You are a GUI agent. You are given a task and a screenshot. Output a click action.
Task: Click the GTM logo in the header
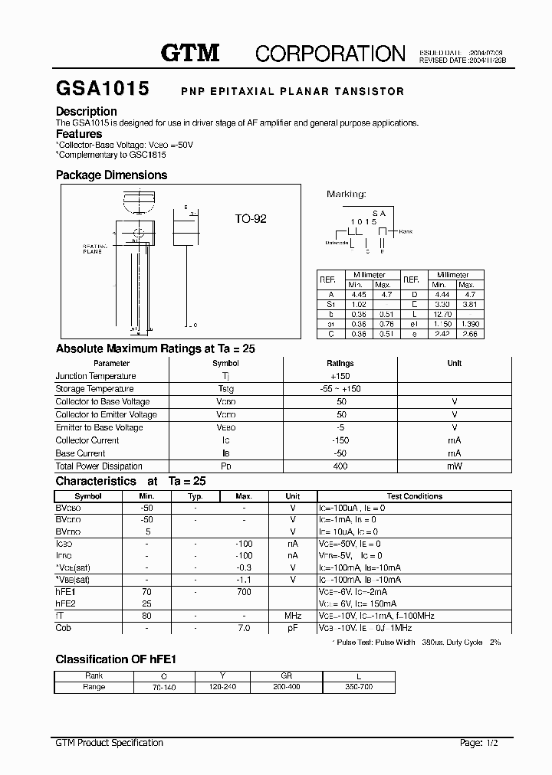pos(190,53)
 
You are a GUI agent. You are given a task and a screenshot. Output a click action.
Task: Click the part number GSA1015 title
pos(102,89)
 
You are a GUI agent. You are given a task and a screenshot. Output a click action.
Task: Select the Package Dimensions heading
pos(111,175)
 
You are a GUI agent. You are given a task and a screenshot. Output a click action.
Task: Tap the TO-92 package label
pos(251,219)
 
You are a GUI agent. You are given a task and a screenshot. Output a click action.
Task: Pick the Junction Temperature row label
pos(96,376)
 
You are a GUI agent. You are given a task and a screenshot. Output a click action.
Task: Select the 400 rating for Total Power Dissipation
pos(340,466)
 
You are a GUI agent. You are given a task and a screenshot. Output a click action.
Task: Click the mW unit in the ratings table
pos(454,466)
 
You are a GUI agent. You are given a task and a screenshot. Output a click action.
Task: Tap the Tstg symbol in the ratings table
pos(225,389)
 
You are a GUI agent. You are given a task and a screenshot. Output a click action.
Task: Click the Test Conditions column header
pos(414,496)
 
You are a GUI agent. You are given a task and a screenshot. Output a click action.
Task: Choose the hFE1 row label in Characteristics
pos(66,592)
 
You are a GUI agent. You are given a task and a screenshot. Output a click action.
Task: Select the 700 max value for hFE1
pos(244,592)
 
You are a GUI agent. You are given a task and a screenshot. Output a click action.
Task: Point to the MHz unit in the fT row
pos(292,616)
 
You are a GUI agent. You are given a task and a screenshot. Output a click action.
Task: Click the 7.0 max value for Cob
pos(244,628)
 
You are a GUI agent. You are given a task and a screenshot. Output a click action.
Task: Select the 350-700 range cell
pos(359,687)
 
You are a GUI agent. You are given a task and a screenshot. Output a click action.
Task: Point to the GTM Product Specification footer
pos(110,743)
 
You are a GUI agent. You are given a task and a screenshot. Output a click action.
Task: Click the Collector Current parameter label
pos(87,440)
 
